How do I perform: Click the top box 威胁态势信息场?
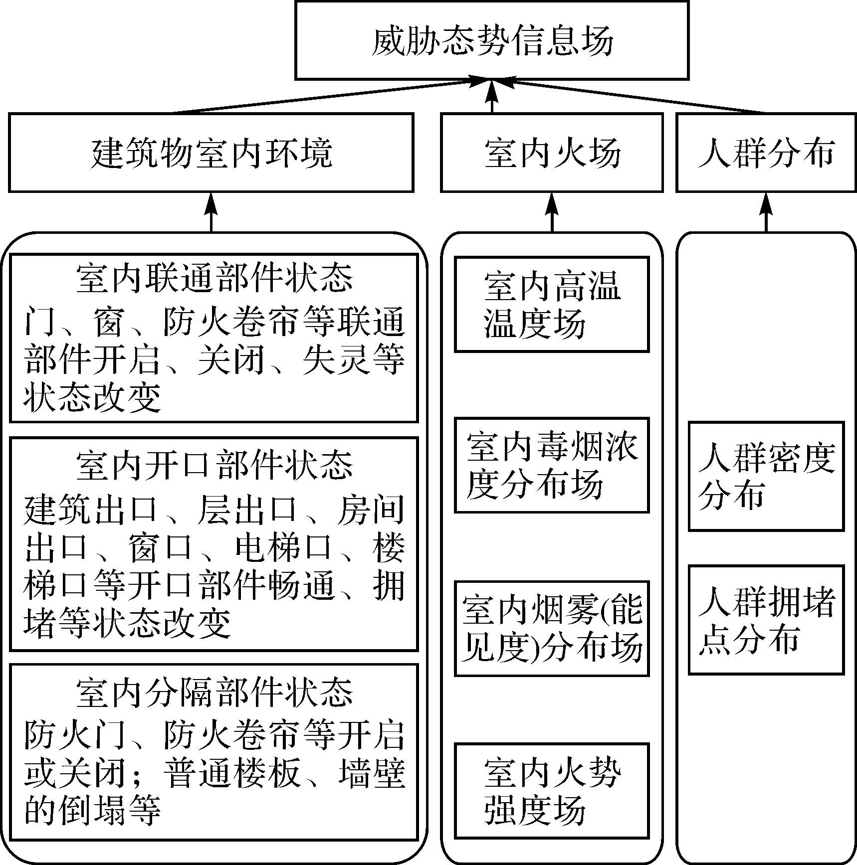pyautogui.click(x=492, y=40)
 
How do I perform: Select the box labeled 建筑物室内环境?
pyautogui.click(x=211, y=153)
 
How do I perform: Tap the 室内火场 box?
pyautogui.click(x=552, y=153)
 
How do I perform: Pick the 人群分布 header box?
pyautogui.click(x=766, y=153)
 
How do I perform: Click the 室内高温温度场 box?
pyautogui.click(x=552, y=304)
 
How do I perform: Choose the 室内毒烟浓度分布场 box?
pyautogui.click(x=552, y=465)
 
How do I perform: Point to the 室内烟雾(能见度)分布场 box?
pyautogui.click(x=552, y=628)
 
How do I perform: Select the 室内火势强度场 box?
pyautogui.click(x=552, y=791)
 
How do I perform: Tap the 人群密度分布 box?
pyautogui.click(x=766, y=476)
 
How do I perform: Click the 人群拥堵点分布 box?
pyautogui.click(x=766, y=620)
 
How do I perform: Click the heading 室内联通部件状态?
pyautogui.click(x=214, y=278)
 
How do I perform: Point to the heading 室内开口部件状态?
pyautogui.click(x=214, y=466)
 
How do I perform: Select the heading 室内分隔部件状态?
pyautogui.click(x=214, y=692)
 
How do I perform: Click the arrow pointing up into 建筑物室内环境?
pyautogui.click(x=211, y=212)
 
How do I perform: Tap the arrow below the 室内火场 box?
pyautogui.click(x=552, y=212)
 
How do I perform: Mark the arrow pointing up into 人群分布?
pyautogui.click(x=766, y=212)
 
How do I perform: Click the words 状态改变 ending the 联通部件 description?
pyautogui.click(x=93, y=398)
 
